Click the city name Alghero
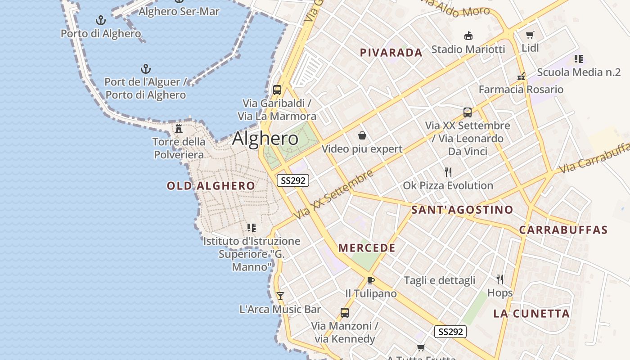tap(265, 139)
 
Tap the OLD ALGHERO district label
tap(211, 186)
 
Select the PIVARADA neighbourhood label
tap(391, 53)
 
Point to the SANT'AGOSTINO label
tap(462, 210)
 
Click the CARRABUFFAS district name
tap(563, 230)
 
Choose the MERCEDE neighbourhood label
tap(367, 248)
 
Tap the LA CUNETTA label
tap(531, 314)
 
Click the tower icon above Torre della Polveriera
tap(179, 129)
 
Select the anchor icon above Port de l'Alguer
tap(145, 69)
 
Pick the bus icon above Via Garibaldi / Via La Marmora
tap(277, 90)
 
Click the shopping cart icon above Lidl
tap(530, 35)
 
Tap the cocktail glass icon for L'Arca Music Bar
tap(280, 296)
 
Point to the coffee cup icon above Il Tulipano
tap(370, 280)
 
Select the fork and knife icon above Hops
tap(499, 279)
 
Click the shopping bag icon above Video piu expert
tap(362, 135)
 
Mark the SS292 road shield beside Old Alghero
tap(292, 180)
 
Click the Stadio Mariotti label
tap(468, 49)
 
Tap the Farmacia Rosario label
tap(521, 89)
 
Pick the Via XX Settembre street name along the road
tap(333, 195)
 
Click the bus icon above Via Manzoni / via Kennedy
tap(345, 312)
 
